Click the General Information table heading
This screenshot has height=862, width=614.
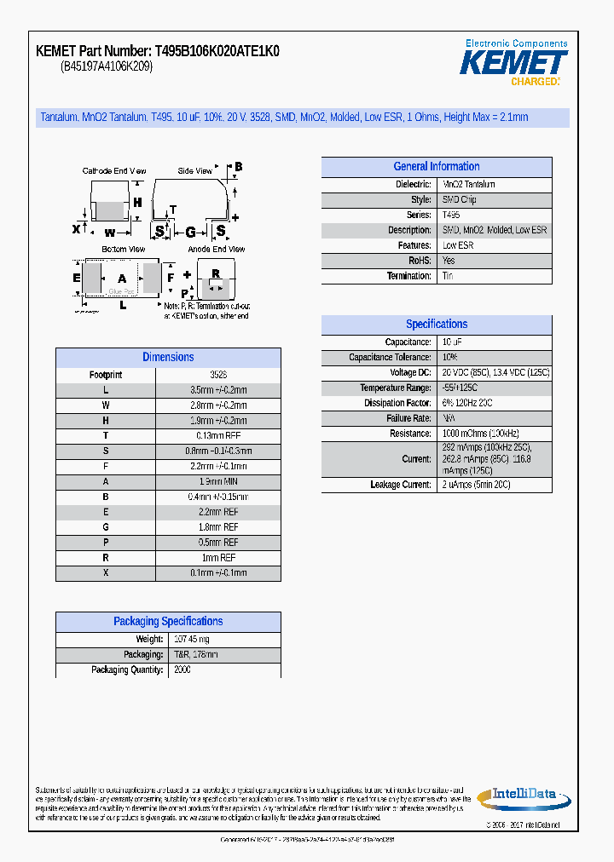436,167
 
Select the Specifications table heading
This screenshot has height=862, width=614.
436,325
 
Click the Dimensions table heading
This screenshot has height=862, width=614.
168,358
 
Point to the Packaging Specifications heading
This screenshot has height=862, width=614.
168,622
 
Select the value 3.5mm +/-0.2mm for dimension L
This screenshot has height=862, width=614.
218,390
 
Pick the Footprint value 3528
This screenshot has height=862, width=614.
218,375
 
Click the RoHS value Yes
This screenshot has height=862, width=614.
449,261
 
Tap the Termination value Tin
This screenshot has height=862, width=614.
448,276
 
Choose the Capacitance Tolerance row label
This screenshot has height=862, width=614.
390,358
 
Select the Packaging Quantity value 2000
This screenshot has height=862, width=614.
182,670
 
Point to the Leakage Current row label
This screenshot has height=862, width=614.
401,485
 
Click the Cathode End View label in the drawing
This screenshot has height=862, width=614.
113,171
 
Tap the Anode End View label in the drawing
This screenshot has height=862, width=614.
216,250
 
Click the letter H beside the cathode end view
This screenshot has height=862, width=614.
136,203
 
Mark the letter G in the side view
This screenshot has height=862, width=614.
190,231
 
